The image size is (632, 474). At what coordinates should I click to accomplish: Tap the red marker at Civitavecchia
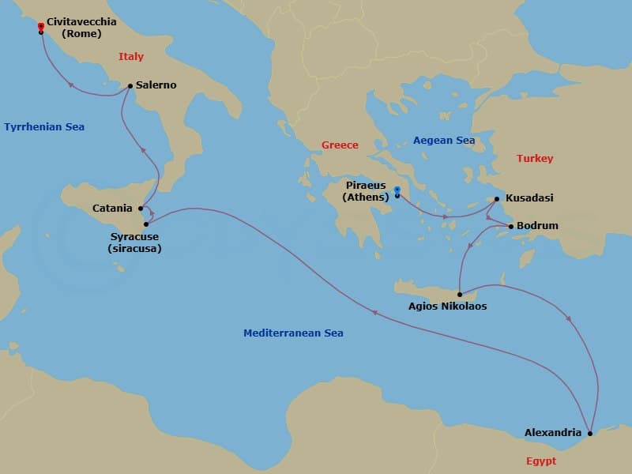pyautogui.click(x=40, y=27)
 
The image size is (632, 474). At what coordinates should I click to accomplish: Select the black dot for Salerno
pyautogui.click(x=130, y=86)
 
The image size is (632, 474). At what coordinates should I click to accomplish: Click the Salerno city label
pyautogui.click(x=156, y=85)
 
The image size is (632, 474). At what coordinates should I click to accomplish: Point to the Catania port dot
pyautogui.click(x=141, y=209)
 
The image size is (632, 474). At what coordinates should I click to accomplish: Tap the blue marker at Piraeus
pyautogui.click(x=397, y=190)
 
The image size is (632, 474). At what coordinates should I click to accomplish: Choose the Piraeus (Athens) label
pyautogui.click(x=367, y=191)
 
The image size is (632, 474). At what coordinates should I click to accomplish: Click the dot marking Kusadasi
pyautogui.click(x=497, y=199)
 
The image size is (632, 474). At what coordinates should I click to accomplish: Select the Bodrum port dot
pyautogui.click(x=510, y=227)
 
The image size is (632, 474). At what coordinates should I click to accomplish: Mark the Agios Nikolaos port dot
pyautogui.click(x=459, y=294)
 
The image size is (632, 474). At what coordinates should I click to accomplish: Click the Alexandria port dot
pyautogui.click(x=590, y=433)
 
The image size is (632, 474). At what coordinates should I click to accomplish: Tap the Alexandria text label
pyautogui.click(x=553, y=433)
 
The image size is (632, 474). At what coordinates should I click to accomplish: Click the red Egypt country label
pyautogui.click(x=540, y=461)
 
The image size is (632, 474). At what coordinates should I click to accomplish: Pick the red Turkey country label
pyautogui.click(x=535, y=158)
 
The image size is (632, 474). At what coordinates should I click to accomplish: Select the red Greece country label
pyautogui.click(x=340, y=145)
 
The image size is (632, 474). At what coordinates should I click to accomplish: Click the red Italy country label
pyautogui.click(x=131, y=56)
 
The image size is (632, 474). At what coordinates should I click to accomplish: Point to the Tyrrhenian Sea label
pyautogui.click(x=44, y=126)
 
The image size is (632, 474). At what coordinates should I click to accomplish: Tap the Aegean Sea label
pyautogui.click(x=444, y=140)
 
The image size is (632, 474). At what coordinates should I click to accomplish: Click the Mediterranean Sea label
pyautogui.click(x=293, y=333)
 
